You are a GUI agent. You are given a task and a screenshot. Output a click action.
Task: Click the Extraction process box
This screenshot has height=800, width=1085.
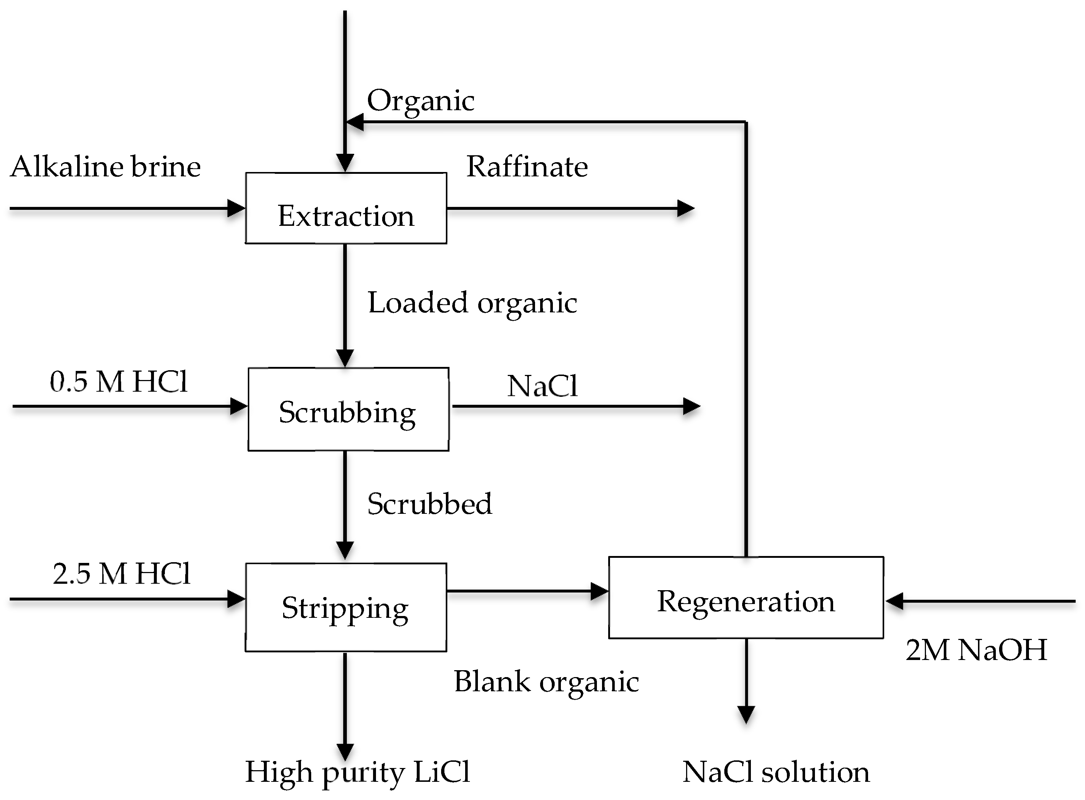[x=345, y=208]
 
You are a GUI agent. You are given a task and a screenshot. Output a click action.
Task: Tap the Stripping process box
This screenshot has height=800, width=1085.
[x=345, y=607]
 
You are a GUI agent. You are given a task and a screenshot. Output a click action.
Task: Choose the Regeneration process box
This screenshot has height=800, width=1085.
[x=746, y=597]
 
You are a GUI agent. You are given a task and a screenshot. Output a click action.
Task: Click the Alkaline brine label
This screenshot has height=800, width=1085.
[x=105, y=167]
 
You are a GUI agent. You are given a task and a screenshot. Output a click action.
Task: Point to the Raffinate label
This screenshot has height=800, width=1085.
[x=527, y=167]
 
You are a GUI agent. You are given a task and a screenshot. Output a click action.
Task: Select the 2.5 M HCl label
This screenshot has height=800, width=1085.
[x=121, y=574]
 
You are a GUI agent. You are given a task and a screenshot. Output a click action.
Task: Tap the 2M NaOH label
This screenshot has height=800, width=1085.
[x=976, y=650]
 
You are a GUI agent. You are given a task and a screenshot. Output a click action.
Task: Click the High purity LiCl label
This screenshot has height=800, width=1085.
[x=357, y=772]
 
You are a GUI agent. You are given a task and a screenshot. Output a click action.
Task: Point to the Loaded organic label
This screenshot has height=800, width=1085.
[x=472, y=303]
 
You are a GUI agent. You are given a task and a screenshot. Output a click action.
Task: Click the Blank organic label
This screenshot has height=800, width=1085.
[x=546, y=682]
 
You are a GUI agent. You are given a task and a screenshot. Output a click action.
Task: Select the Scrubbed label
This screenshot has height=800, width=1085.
[x=429, y=504]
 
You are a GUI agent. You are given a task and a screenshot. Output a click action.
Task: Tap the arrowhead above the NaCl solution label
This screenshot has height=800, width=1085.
[x=746, y=714]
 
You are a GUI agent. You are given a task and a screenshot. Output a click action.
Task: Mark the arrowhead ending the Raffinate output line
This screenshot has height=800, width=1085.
[x=685, y=208]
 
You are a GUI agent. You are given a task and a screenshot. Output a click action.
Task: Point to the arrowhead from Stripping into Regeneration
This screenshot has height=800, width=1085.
[x=599, y=591]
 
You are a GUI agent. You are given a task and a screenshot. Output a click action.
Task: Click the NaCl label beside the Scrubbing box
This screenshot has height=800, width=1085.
[x=542, y=387]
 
